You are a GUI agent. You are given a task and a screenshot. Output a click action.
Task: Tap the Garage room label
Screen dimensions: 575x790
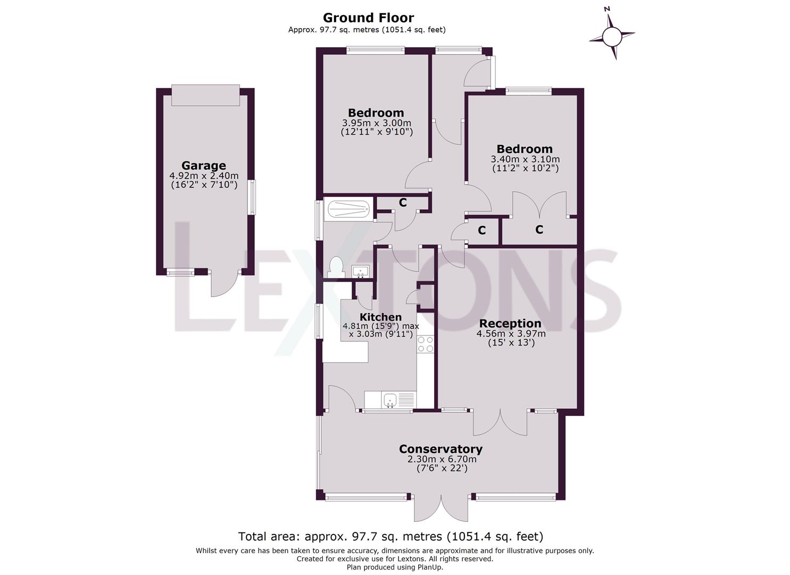pyautogui.click(x=203, y=166)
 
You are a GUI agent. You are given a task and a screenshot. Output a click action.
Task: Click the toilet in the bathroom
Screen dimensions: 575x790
pyautogui.click(x=335, y=266)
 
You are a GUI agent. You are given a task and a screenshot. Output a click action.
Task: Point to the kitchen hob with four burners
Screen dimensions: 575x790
pyautogui.click(x=425, y=344)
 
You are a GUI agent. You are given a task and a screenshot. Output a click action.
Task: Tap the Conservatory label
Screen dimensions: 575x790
pyautogui.click(x=440, y=449)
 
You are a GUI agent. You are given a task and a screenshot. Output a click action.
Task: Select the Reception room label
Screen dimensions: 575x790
pyautogui.click(x=510, y=323)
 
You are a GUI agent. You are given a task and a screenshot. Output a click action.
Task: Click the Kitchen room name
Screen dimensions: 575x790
pyautogui.click(x=380, y=317)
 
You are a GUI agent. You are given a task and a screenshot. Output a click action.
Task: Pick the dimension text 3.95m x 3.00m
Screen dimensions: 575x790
pyautogui.click(x=376, y=122)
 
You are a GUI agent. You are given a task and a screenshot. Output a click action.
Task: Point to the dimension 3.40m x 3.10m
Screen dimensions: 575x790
pyautogui.click(x=525, y=159)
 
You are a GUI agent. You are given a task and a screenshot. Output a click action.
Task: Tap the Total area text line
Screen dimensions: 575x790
pyautogui.click(x=390, y=536)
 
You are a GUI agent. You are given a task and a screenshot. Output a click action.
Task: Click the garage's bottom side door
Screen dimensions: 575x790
pyautogui.click(x=221, y=284)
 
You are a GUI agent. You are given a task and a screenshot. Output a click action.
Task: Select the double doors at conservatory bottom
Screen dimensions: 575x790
pyautogui.click(x=441, y=508)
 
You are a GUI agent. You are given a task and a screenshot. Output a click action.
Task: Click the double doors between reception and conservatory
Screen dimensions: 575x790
pyautogui.click(x=501, y=423)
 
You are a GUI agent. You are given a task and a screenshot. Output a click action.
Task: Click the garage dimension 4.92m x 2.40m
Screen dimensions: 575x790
pyautogui.click(x=203, y=176)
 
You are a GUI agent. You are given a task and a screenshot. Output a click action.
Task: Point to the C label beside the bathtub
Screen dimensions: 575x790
pyautogui.click(x=403, y=202)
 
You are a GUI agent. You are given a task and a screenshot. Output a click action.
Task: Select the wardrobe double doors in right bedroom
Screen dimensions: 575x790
pyautogui.click(x=539, y=205)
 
